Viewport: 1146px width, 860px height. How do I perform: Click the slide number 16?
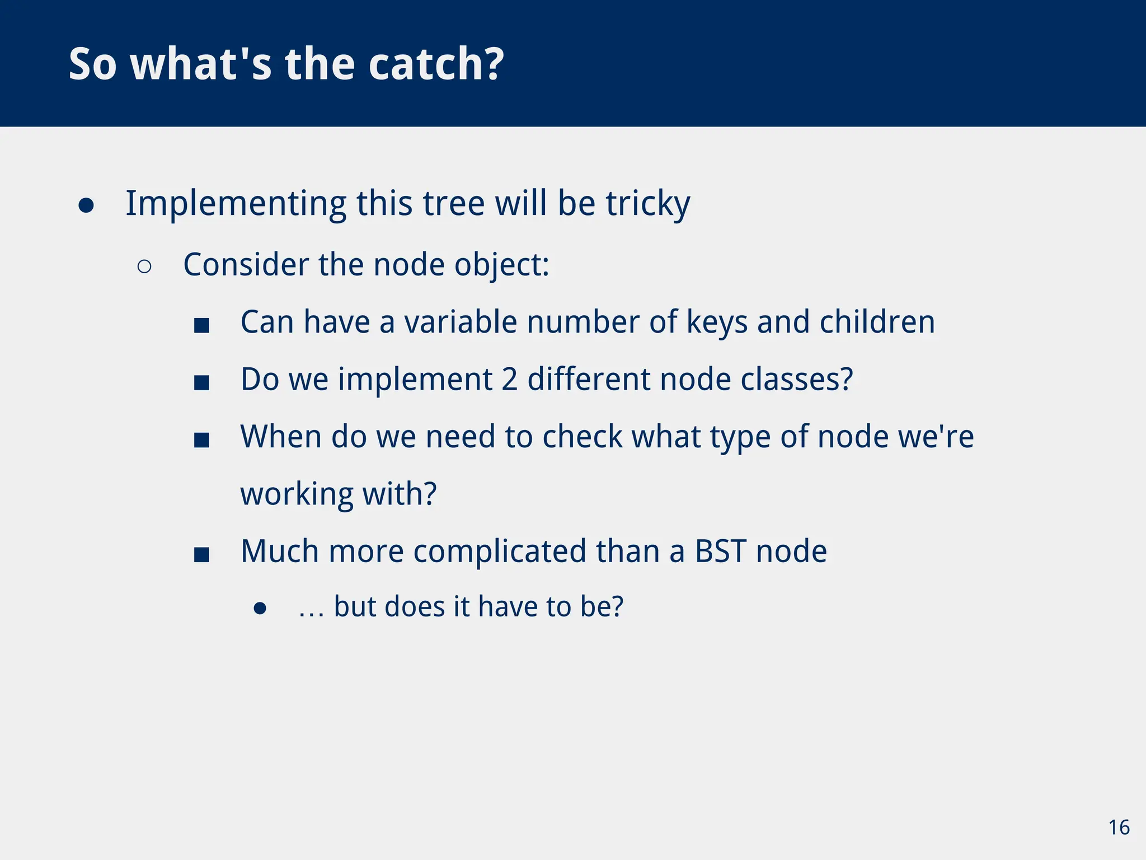tap(1119, 828)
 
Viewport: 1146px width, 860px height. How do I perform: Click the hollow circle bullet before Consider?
tap(144, 267)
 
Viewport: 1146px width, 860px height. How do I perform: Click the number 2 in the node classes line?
tap(509, 380)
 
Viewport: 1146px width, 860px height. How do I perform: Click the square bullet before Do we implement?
tap(201, 383)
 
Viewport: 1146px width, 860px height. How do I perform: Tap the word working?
tap(297, 494)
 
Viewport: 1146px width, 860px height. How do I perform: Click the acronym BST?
tap(720, 551)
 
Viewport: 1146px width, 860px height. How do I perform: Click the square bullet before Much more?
tap(201, 555)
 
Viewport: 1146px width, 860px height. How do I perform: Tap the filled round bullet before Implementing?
tap(86, 205)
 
